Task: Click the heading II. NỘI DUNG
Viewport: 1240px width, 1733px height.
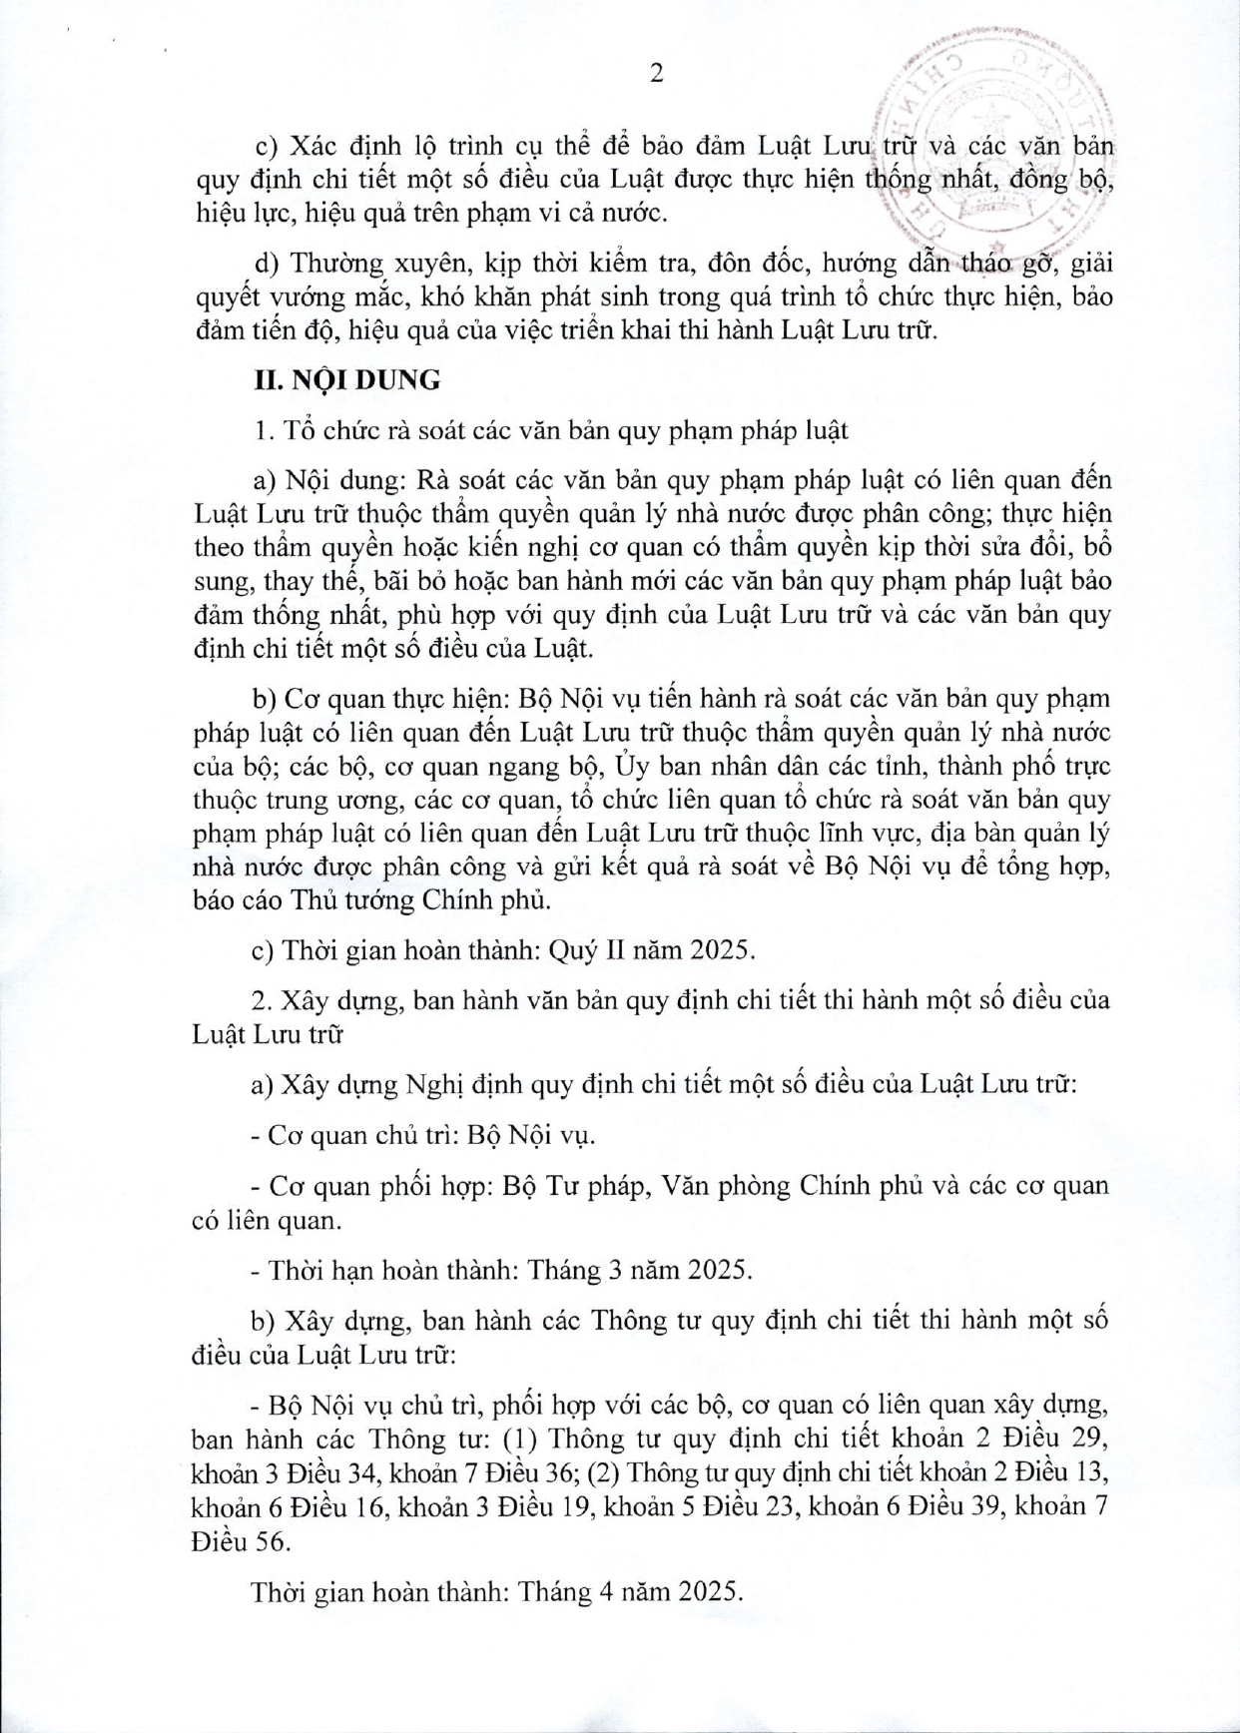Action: pos(347,380)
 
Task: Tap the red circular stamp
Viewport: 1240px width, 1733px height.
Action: pos(998,150)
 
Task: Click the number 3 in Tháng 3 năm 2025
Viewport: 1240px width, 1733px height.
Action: pos(618,1270)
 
